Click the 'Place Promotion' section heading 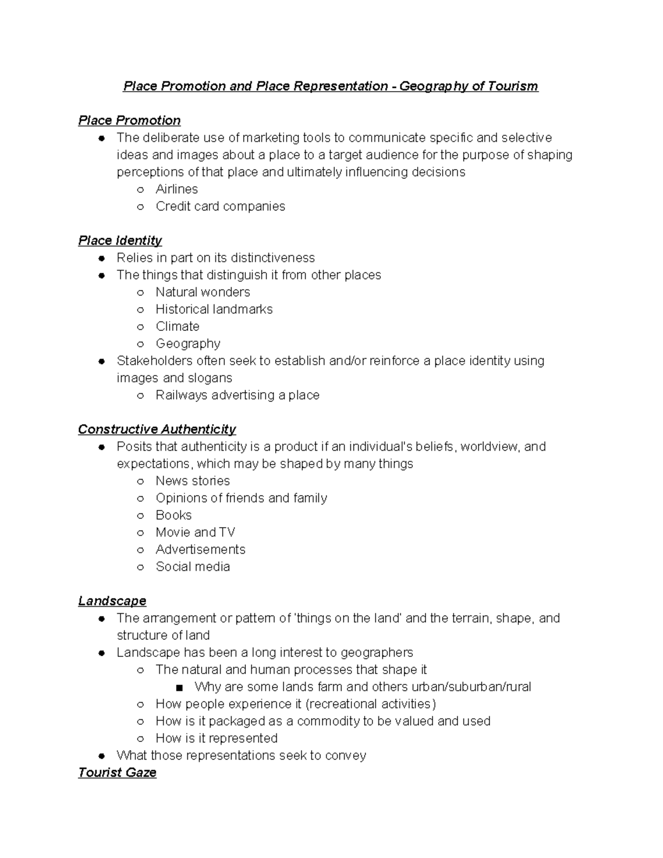129,120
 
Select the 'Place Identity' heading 120,240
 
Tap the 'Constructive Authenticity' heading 157,429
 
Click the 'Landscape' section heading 112,601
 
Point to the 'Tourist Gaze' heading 117,772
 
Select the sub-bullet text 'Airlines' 177,189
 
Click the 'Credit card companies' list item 220,206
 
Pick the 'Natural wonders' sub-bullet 203,292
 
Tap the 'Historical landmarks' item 214,309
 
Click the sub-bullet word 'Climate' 177,326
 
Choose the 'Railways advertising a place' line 238,395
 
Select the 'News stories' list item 193,481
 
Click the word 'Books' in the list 173,515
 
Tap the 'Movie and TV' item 196,532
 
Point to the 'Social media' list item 193,566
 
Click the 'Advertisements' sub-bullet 201,549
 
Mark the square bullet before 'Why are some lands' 178,687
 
